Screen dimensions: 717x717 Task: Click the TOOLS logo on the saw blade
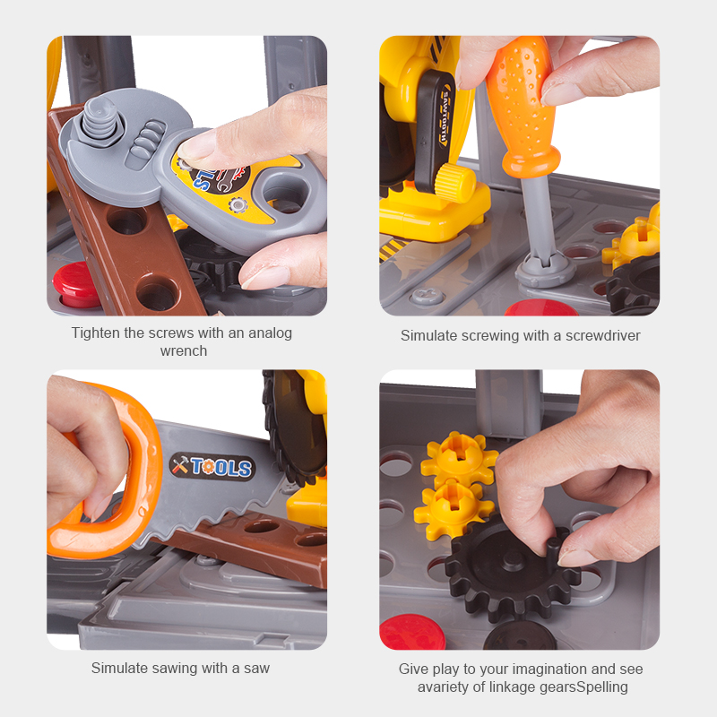point(212,466)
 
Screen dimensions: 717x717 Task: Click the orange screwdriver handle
point(523,105)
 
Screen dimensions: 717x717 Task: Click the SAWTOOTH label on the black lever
point(444,116)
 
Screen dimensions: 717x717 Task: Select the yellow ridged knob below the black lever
point(454,182)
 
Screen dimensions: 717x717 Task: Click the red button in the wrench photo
point(76,284)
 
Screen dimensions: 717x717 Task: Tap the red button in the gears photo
point(411,632)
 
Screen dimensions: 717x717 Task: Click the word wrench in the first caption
point(184,350)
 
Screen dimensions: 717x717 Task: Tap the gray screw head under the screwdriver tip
point(545,271)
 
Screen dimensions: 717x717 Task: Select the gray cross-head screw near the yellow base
point(428,297)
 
